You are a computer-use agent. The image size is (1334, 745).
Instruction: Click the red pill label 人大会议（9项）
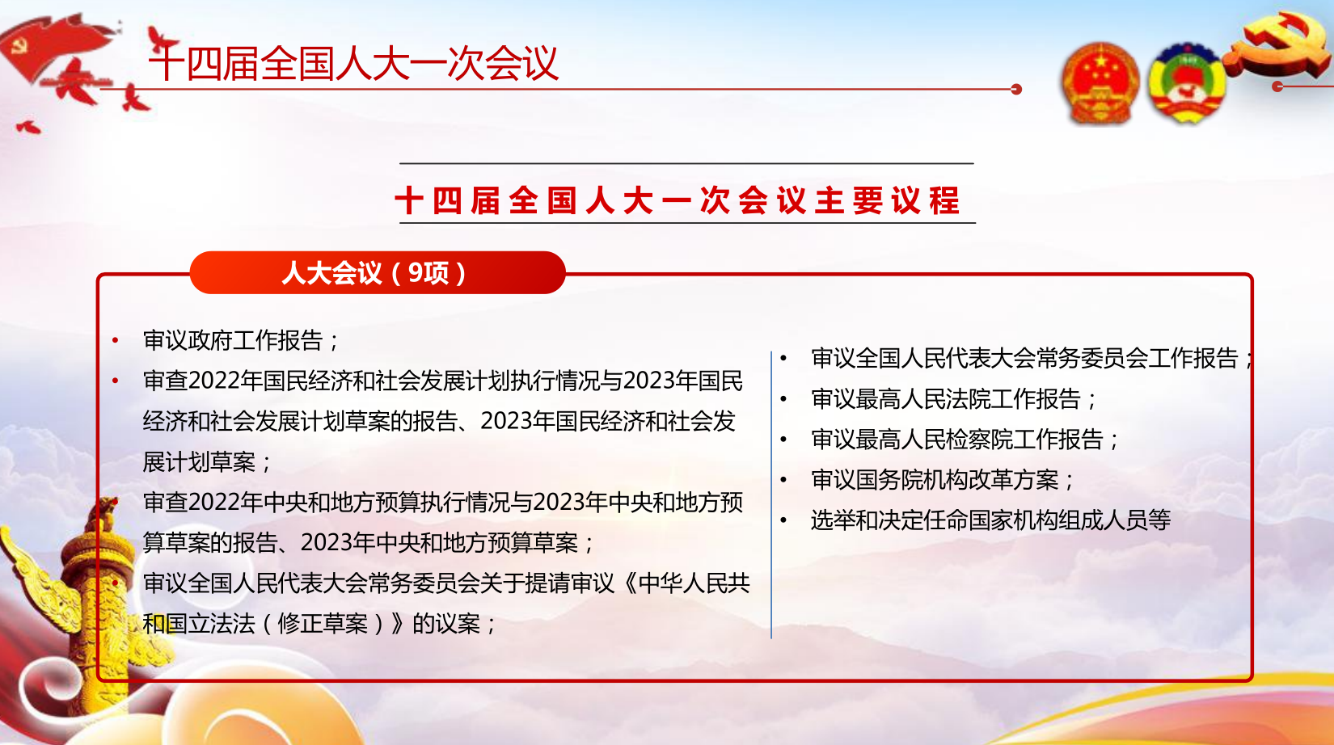(377, 272)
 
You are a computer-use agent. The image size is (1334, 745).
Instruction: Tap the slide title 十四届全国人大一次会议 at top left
(354, 63)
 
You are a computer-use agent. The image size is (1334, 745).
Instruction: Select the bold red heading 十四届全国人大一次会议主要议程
(678, 200)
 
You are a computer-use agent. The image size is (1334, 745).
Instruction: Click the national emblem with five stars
(1100, 83)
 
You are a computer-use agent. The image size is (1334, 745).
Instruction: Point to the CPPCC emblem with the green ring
(1186, 83)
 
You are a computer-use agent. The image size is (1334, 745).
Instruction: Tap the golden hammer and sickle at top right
(1281, 44)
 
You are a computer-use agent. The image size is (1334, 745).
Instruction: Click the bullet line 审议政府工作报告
(241, 341)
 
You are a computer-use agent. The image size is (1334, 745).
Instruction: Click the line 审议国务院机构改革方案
(942, 480)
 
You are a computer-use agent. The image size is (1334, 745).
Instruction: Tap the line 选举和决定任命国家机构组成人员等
(991, 520)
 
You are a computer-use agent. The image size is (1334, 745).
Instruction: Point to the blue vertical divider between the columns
(771, 495)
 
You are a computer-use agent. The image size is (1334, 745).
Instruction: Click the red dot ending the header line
(1016, 89)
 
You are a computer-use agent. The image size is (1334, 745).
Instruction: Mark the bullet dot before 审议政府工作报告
(116, 341)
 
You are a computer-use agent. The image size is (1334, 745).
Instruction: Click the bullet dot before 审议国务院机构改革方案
(783, 480)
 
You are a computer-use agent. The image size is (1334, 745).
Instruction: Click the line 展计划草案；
(207, 462)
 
